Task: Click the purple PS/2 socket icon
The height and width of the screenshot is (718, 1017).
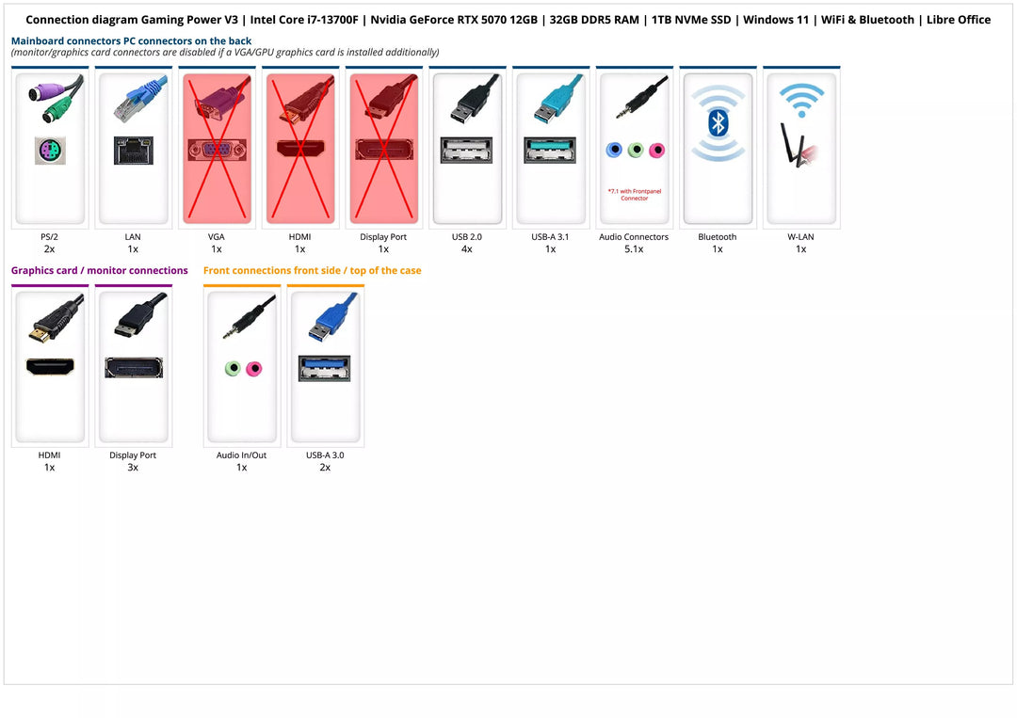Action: point(50,151)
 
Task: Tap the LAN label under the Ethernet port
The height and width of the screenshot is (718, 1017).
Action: point(133,237)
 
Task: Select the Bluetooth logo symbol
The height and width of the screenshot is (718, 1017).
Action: point(718,122)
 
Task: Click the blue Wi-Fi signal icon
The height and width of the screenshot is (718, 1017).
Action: point(801,99)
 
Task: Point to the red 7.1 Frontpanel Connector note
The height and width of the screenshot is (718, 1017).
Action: point(634,195)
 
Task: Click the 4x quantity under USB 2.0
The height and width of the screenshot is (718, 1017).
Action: point(467,249)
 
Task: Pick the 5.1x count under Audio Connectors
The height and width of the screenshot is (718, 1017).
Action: point(634,249)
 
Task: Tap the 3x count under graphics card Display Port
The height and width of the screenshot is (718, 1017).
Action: point(133,468)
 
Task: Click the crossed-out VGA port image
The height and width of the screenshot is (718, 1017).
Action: point(217,150)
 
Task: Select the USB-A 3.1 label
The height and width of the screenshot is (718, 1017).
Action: point(550,237)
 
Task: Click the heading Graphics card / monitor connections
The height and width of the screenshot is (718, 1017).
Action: point(99,271)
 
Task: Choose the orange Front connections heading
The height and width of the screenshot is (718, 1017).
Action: point(312,271)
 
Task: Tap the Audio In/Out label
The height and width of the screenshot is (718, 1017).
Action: point(241,455)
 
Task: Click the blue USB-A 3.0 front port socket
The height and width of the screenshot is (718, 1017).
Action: point(324,368)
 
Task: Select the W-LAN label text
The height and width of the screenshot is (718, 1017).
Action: point(800,237)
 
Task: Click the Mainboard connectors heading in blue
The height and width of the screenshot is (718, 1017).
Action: point(131,41)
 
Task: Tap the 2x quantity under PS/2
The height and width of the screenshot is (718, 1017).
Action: point(49,249)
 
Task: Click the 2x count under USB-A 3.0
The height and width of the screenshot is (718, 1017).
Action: point(325,468)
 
